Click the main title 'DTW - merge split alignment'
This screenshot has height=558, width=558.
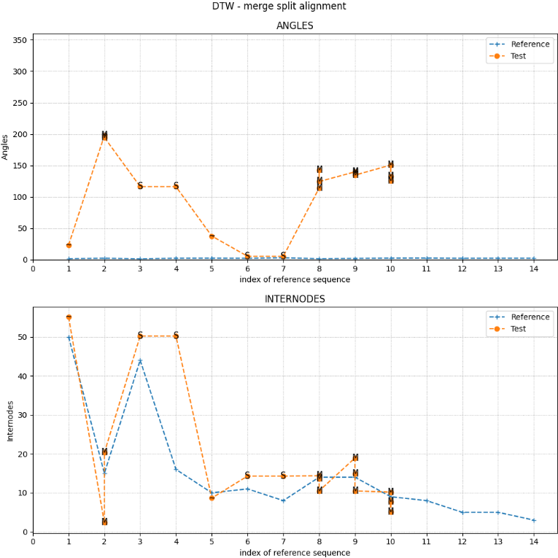(x=279, y=7)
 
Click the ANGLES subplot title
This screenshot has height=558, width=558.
(x=295, y=26)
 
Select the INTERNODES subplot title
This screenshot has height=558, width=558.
(x=295, y=299)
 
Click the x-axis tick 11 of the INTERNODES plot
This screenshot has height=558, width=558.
(x=427, y=541)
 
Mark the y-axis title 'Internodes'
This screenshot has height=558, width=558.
(x=11, y=420)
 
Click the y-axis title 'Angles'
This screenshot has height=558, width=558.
(x=6, y=147)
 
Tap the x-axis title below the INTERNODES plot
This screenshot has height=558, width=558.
(x=295, y=553)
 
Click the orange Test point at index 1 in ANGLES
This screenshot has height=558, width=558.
(x=69, y=245)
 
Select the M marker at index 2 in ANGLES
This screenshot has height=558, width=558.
(x=104, y=136)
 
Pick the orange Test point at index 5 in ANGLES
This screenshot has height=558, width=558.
(x=212, y=236)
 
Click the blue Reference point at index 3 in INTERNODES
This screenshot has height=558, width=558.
(x=140, y=361)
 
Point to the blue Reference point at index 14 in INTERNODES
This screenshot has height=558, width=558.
(x=534, y=520)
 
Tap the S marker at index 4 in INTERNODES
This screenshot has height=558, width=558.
(x=176, y=336)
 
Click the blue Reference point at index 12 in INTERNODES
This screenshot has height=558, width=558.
(x=462, y=512)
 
